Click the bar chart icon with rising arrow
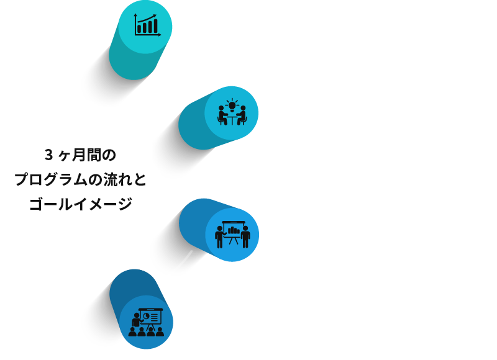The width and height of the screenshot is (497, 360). coord(147,25)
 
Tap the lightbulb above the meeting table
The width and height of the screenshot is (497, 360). coord(232,105)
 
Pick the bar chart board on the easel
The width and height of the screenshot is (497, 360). coord(233,230)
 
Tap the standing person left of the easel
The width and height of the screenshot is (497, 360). coord(219,235)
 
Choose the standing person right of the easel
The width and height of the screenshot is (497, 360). coord(246,235)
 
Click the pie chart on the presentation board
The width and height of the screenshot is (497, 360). coord(147,316)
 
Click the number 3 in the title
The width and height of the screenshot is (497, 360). coord(48,155)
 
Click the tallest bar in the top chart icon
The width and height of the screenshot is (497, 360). coord(153,25)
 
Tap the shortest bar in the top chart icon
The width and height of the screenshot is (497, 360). coord(140,29)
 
